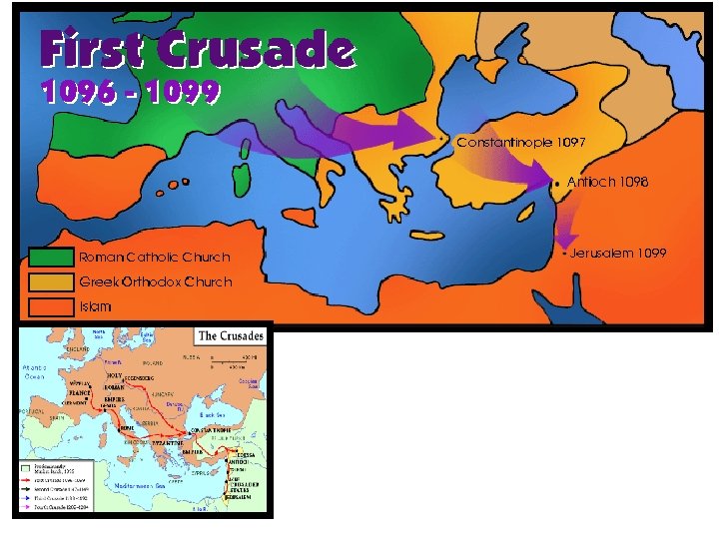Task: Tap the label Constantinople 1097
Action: click(x=520, y=143)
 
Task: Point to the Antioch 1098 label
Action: click(x=607, y=183)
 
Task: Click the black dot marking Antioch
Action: click(x=555, y=184)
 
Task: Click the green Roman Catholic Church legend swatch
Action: click(x=52, y=257)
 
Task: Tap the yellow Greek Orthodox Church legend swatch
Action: click(x=52, y=281)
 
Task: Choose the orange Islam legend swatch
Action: click(x=52, y=305)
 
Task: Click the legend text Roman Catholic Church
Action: click(x=155, y=258)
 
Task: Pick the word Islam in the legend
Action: click(x=96, y=306)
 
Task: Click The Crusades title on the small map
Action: click(x=231, y=335)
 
